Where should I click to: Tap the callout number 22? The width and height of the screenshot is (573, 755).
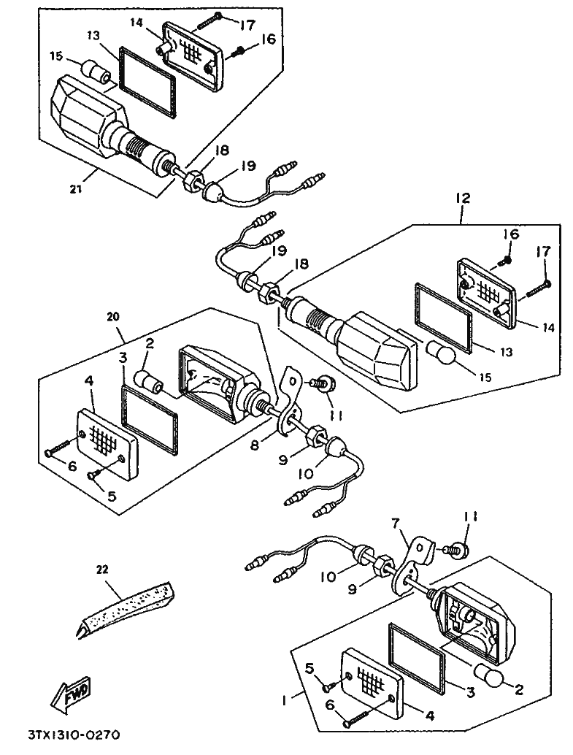tap(102, 569)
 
